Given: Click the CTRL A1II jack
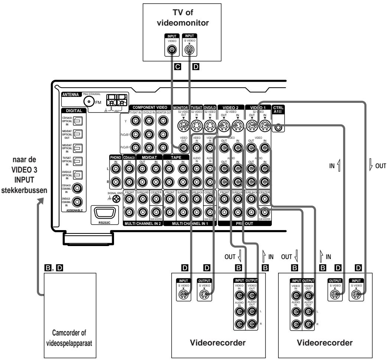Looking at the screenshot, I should pyautogui.click(x=278, y=128).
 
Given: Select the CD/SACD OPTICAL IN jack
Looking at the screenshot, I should pyautogui.click(x=79, y=120).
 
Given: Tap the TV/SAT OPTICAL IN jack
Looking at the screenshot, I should pyautogui.click(x=79, y=161).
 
